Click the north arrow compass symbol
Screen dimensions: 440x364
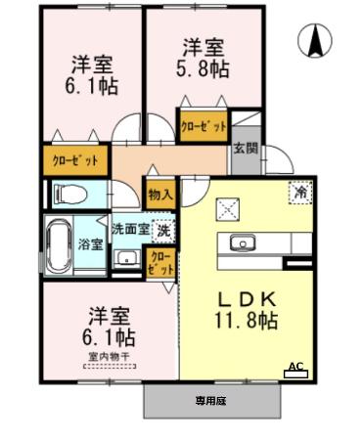click(317, 41)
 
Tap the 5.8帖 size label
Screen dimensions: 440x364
click(204, 71)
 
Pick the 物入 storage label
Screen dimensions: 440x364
click(159, 194)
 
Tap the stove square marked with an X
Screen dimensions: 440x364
click(228, 207)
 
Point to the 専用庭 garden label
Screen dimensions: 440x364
click(210, 401)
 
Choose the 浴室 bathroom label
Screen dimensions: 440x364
click(91, 243)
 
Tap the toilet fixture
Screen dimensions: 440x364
click(68, 195)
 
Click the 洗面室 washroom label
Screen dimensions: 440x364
click(129, 231)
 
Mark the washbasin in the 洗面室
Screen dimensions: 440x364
click(126, 257)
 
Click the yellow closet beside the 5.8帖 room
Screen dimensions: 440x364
click(203, 126)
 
